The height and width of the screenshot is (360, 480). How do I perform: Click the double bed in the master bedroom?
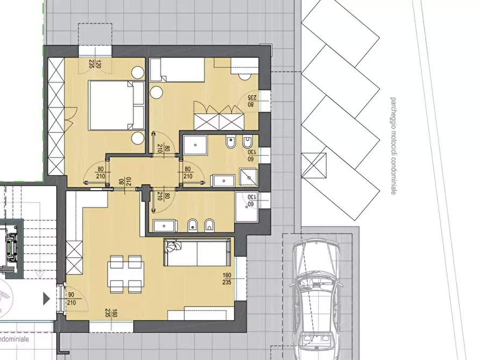pyautogui.click(x=110, y=105)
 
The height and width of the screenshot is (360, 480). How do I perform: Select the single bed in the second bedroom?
pyautogui.click(x=177, y=70)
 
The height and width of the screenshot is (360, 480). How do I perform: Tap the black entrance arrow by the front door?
pyautogui.click(x=47, y=299)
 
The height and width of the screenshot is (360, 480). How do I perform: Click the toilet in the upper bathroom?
pyautogui.click(x=230, y=145)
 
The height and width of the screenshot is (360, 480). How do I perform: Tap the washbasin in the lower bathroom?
pyautogui.click(x=162, y=226)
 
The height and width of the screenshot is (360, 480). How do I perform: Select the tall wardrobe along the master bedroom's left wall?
pyautogui.click(x=55, y=116)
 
